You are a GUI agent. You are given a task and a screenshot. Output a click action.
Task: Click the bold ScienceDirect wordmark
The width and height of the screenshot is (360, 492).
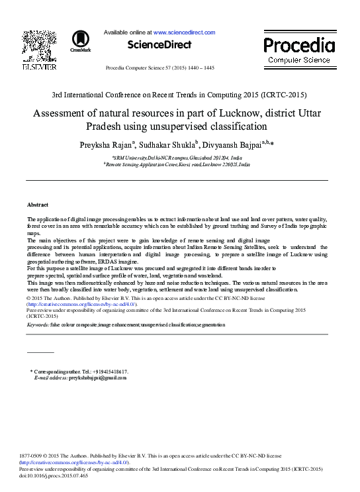point(159,45)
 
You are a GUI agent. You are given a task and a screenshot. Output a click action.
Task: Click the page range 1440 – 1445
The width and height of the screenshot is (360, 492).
point(199,68)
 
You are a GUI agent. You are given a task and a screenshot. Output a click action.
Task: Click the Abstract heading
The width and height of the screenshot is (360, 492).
point(37,205)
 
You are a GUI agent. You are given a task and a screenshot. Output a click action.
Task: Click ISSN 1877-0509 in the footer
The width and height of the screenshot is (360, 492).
point(34,456)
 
